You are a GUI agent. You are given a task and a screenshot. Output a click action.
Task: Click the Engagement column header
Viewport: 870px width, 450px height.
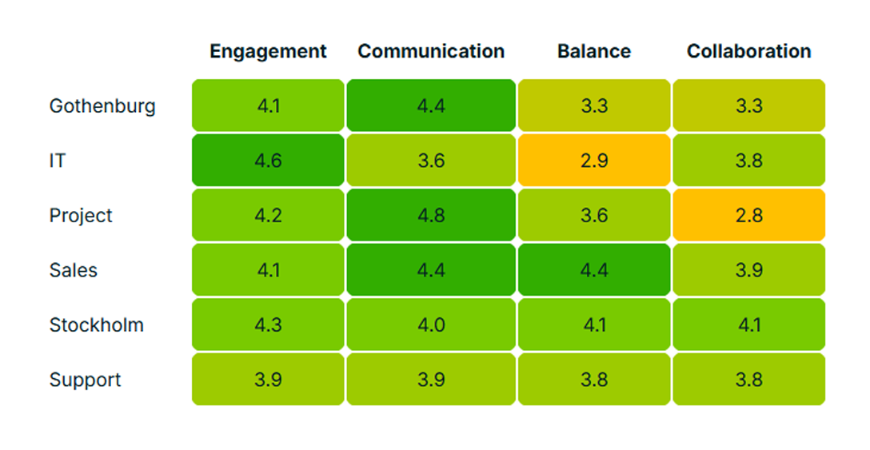[x=268, y=52]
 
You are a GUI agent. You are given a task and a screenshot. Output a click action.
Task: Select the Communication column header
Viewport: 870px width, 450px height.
[x=431, y=52]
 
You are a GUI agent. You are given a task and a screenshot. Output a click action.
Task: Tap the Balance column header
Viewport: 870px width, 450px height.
[x=594, y=52]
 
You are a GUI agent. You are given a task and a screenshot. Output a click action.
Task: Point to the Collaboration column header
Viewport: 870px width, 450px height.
[x=748, y=52]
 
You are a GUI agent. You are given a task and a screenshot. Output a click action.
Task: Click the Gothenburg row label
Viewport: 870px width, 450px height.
[x=102, y=106]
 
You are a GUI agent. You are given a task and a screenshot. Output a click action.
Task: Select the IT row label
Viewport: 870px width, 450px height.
[x=58, y=161]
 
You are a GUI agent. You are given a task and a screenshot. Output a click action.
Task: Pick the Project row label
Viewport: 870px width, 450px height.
[x=81, y=216]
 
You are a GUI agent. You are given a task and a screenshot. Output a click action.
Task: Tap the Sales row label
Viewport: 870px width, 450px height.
[x=74, y=270]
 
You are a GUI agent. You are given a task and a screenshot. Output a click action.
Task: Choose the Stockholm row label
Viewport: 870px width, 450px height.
[x=97, y=325]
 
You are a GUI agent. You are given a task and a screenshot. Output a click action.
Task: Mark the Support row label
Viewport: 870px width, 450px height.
[x=86, y=380]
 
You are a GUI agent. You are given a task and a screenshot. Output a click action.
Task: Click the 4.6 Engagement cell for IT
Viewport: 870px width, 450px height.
[x=268, y=161]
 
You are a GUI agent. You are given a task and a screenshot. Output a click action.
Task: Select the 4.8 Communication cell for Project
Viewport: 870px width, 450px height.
[x=431, y=216]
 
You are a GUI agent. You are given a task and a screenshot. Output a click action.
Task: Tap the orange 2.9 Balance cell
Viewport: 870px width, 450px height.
[x=594, y=161]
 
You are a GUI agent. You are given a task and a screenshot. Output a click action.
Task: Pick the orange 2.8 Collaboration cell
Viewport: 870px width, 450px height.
[x=748, y=216]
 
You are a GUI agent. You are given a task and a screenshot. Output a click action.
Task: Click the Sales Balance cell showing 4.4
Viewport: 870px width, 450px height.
[x=594, y=270]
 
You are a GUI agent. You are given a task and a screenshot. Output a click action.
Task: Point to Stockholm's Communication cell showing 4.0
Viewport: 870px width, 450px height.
[x=431, y=325]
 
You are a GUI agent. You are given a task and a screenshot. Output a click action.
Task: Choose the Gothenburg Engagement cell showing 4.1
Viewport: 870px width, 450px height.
[x=268, y=106]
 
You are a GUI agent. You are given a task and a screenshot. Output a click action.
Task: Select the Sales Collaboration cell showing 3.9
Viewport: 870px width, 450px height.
[x=748, y=270]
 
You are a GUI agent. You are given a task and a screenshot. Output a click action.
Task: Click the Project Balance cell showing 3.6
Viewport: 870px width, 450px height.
[x=594, y=216]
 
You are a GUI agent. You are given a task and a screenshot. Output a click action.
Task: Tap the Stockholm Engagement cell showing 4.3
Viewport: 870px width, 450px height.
[x=268, y=325]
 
